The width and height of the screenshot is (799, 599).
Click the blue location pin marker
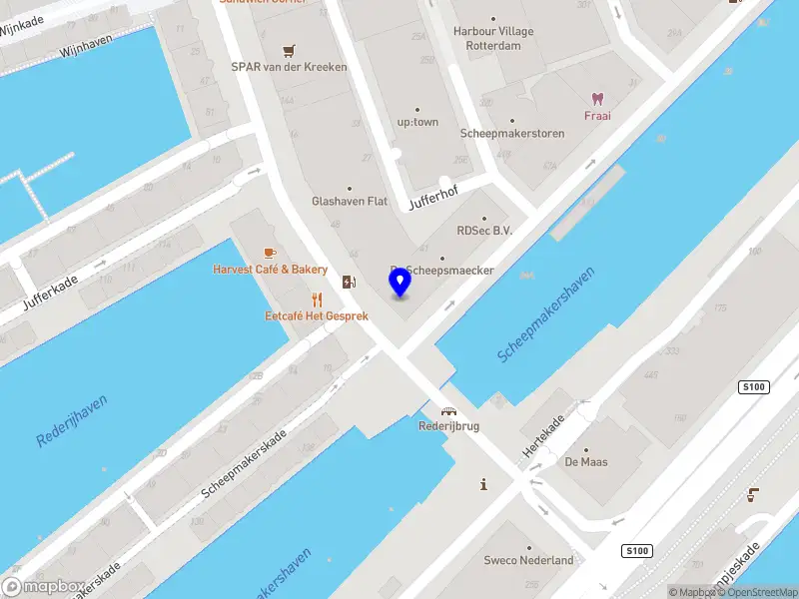point(399,283)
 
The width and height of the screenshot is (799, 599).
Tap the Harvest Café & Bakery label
point(270,270)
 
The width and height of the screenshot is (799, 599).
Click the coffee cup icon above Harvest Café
point(270,253)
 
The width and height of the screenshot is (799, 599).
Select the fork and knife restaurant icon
point(317,299)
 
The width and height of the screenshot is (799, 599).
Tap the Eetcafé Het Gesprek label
point(317,315)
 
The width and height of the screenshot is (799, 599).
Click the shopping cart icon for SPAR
point(289,50)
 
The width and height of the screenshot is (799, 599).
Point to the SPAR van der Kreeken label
point(289,67)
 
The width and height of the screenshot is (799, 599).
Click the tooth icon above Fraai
point(597,98)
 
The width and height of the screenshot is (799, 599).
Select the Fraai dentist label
point(597,115)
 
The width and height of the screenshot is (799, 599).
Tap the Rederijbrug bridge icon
point(449,409)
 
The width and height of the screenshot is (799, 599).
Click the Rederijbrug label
point(449,425)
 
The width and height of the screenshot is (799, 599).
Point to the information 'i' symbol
point(484,484)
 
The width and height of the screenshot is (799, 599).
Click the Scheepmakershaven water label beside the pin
point(546,313)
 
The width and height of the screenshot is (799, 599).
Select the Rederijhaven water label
point(72,420)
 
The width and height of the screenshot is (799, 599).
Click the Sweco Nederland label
point(528,560)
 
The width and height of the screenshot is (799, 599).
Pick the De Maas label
point(586,462)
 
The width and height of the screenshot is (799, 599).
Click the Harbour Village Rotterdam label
point(493,38)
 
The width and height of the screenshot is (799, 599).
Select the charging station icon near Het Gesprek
point(348,282)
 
